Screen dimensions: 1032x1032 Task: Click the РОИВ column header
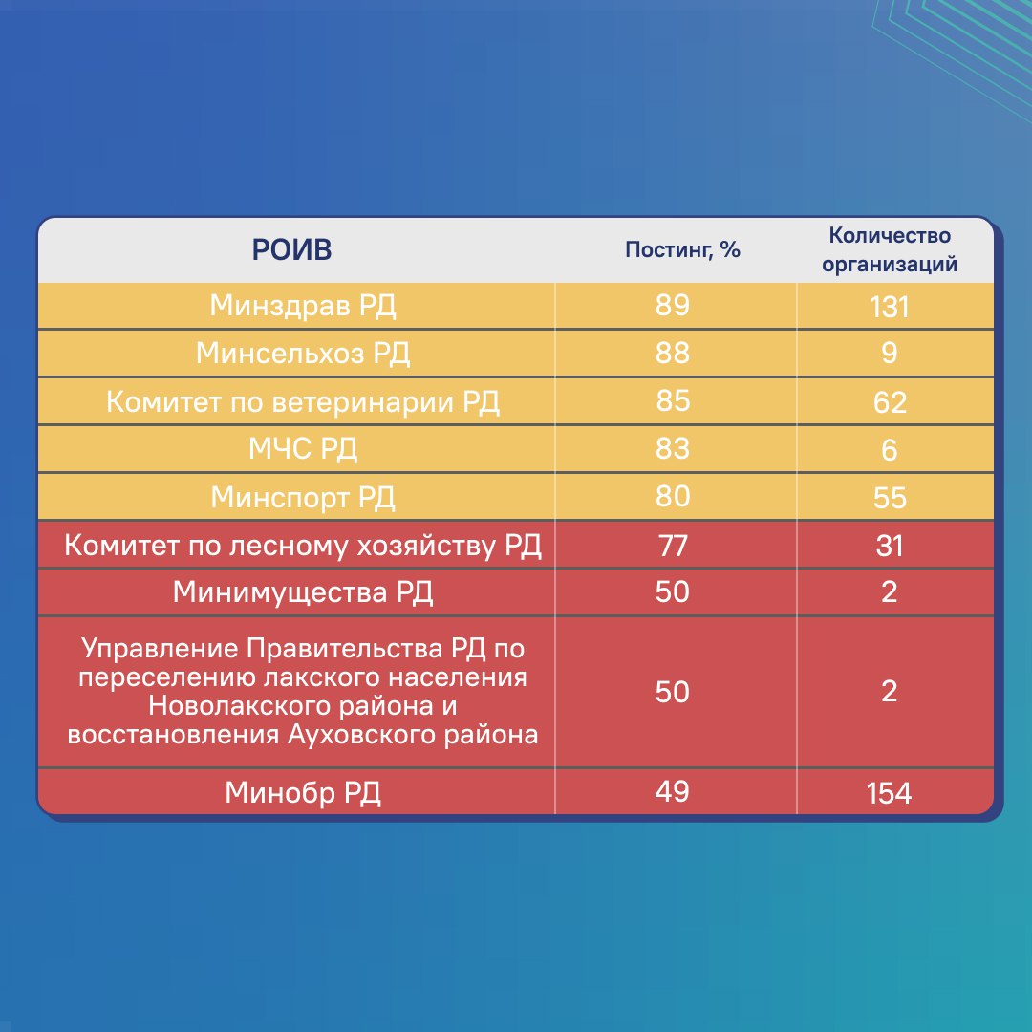click(291, 250)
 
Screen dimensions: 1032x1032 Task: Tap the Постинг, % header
click(682, 250)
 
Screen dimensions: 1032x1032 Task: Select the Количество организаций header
click(890, 249)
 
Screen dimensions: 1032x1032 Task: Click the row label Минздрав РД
click(302, 306)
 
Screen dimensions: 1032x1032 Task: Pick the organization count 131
click(890, 307)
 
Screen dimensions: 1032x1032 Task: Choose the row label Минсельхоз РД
click(303, 354)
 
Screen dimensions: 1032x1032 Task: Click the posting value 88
click(673, 353)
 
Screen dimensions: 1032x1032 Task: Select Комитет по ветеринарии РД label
click(303, 401)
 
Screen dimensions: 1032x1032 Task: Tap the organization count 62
click(890, 402)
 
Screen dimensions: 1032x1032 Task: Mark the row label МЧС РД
click(303, 449)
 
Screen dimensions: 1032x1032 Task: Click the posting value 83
click(673, 448)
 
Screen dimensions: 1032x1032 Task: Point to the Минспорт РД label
click(303, 498)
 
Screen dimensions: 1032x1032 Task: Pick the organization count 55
click(890, 498)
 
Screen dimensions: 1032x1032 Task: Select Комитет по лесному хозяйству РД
click(303, 547)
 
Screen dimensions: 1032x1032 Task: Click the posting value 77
click(673, 546)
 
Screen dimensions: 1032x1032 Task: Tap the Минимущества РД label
click(303, 592)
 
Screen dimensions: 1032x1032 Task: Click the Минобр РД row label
click(303, 793)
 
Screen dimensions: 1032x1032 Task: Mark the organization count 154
click(890, 793)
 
